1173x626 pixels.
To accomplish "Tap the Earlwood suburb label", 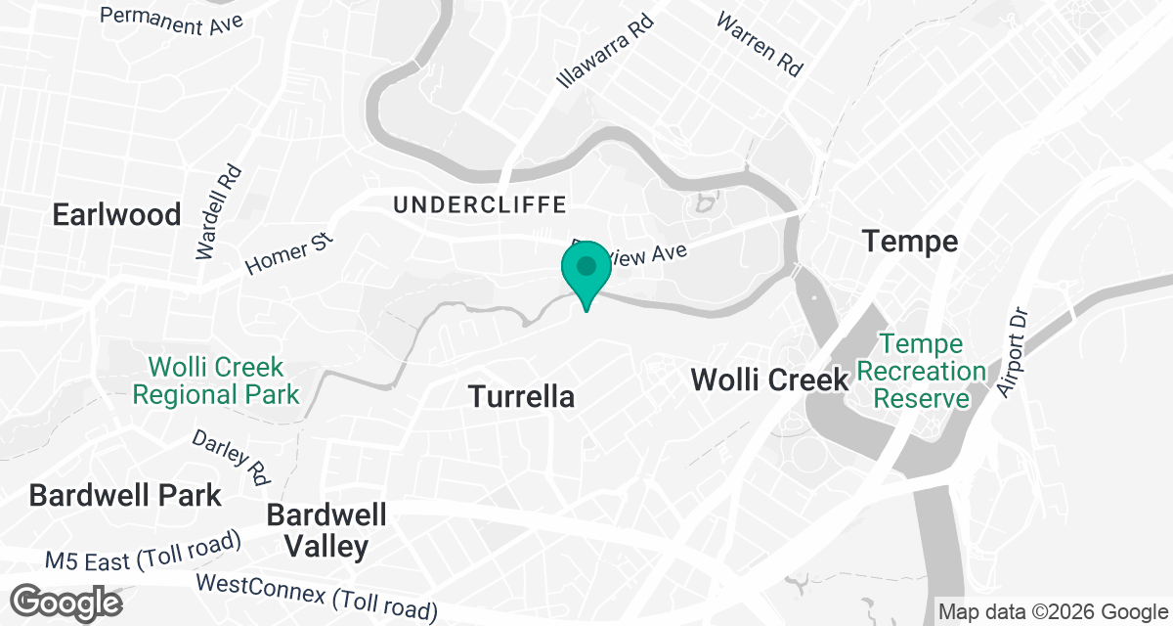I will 117,214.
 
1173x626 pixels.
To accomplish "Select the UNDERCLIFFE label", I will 480,204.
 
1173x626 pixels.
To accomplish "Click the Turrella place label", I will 520,397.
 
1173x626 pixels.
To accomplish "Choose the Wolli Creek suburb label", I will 769,380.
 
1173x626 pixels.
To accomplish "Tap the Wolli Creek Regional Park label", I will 216,381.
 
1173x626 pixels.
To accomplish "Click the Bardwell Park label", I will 125,495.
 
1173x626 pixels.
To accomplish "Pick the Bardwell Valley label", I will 326,530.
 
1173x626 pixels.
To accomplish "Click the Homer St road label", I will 289,253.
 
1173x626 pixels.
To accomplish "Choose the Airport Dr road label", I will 1013,353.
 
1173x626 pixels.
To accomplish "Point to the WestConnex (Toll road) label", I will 317,597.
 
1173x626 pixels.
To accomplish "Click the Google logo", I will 67,602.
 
